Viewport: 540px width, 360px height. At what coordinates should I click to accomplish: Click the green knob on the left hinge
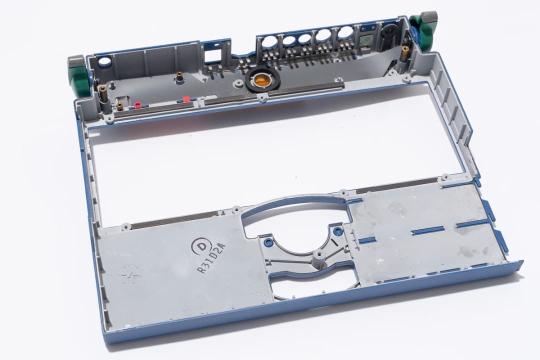pos(78,83)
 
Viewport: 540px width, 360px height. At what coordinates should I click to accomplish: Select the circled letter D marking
pos(201,246)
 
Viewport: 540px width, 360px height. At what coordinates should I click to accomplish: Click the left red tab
pos(137,105)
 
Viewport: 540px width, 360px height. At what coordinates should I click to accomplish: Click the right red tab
pos(186,99)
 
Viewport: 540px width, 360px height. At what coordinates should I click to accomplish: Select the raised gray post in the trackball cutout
pos(316,257)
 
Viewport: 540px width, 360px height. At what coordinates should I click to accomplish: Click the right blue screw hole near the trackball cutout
pos(338,231)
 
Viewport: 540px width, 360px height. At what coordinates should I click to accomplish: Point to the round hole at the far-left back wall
pos(104,63)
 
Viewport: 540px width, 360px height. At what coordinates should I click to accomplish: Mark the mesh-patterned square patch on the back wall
pos(365,37)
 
